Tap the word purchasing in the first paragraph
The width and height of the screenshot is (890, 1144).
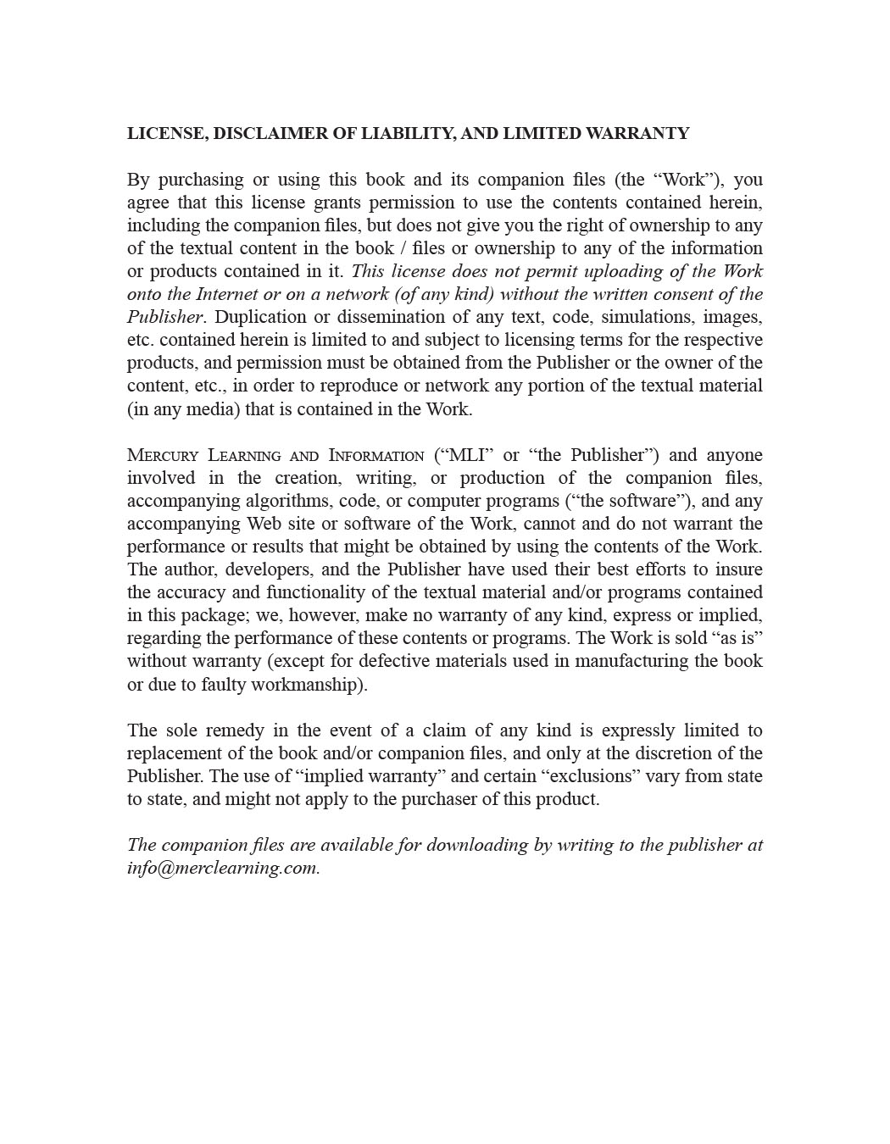(199, 180)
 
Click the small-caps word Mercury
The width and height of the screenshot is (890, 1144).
(162, 455)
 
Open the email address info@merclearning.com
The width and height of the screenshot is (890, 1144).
(223, 869)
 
